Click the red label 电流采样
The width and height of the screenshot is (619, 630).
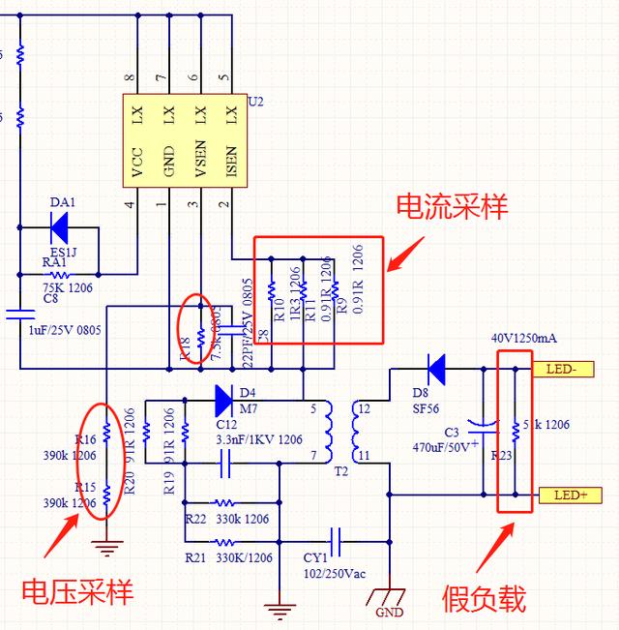point(451,206)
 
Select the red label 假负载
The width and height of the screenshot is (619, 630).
point(484,598)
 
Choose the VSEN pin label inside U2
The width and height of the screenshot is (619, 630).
point(199,165)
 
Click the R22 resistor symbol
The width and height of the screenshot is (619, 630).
point(224,503)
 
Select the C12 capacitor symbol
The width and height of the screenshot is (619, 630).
point(224,465)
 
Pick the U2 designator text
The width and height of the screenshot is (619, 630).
point(255,101)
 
